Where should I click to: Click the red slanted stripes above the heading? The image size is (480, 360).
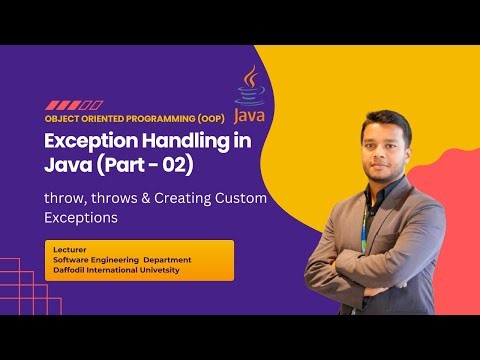[74, 104]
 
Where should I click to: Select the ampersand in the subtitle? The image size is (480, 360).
[175, 198]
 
